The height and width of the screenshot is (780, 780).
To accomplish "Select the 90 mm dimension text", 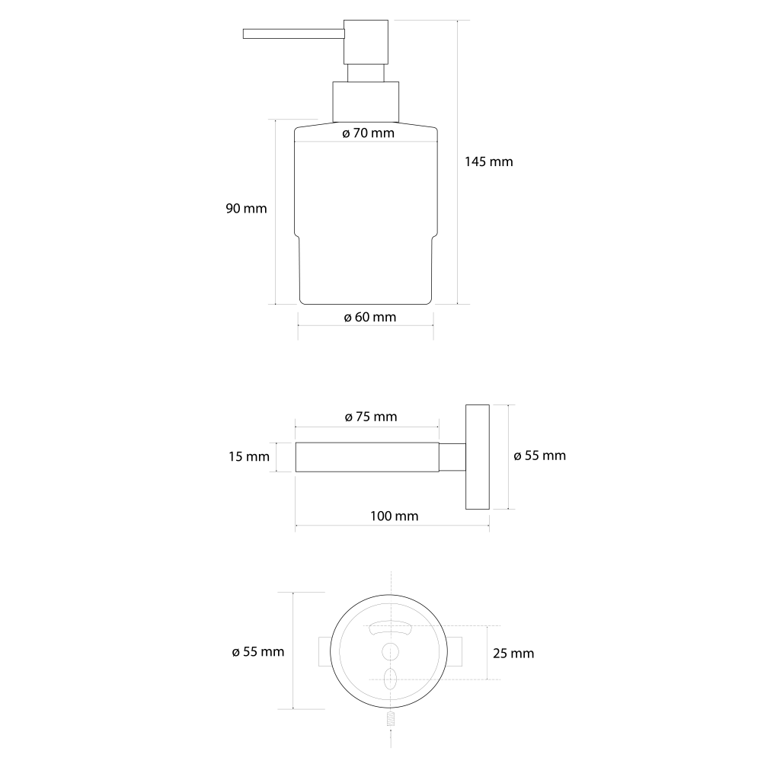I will (x=246, y=208).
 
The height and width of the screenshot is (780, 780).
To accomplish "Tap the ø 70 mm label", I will (x=368, y=133).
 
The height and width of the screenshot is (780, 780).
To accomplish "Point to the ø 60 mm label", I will (x=369, y=317).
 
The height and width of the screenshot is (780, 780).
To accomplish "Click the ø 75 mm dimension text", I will (x=370, y=417).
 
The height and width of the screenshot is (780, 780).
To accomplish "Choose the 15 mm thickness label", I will (x=248, y=457).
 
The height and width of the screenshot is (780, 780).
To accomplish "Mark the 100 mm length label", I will (x=394, y=516).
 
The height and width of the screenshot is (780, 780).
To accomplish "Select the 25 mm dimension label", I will (x=513, y=653).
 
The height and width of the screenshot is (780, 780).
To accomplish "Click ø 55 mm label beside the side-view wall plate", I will (x=540, y=456).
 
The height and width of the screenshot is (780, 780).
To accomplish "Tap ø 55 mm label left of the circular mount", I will (x=257, y=651).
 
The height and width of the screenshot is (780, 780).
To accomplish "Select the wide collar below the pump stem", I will (x=365, y=101).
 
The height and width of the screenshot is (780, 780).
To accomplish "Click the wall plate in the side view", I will (x=477, y=456).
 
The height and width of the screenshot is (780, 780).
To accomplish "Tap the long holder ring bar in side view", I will (x=366, y=458).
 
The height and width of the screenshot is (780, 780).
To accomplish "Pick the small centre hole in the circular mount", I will (x=390, y=651).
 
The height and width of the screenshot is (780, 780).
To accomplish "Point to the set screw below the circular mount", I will (x=390, y=718).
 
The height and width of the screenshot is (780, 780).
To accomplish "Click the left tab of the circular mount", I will (x=323, y=653).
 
